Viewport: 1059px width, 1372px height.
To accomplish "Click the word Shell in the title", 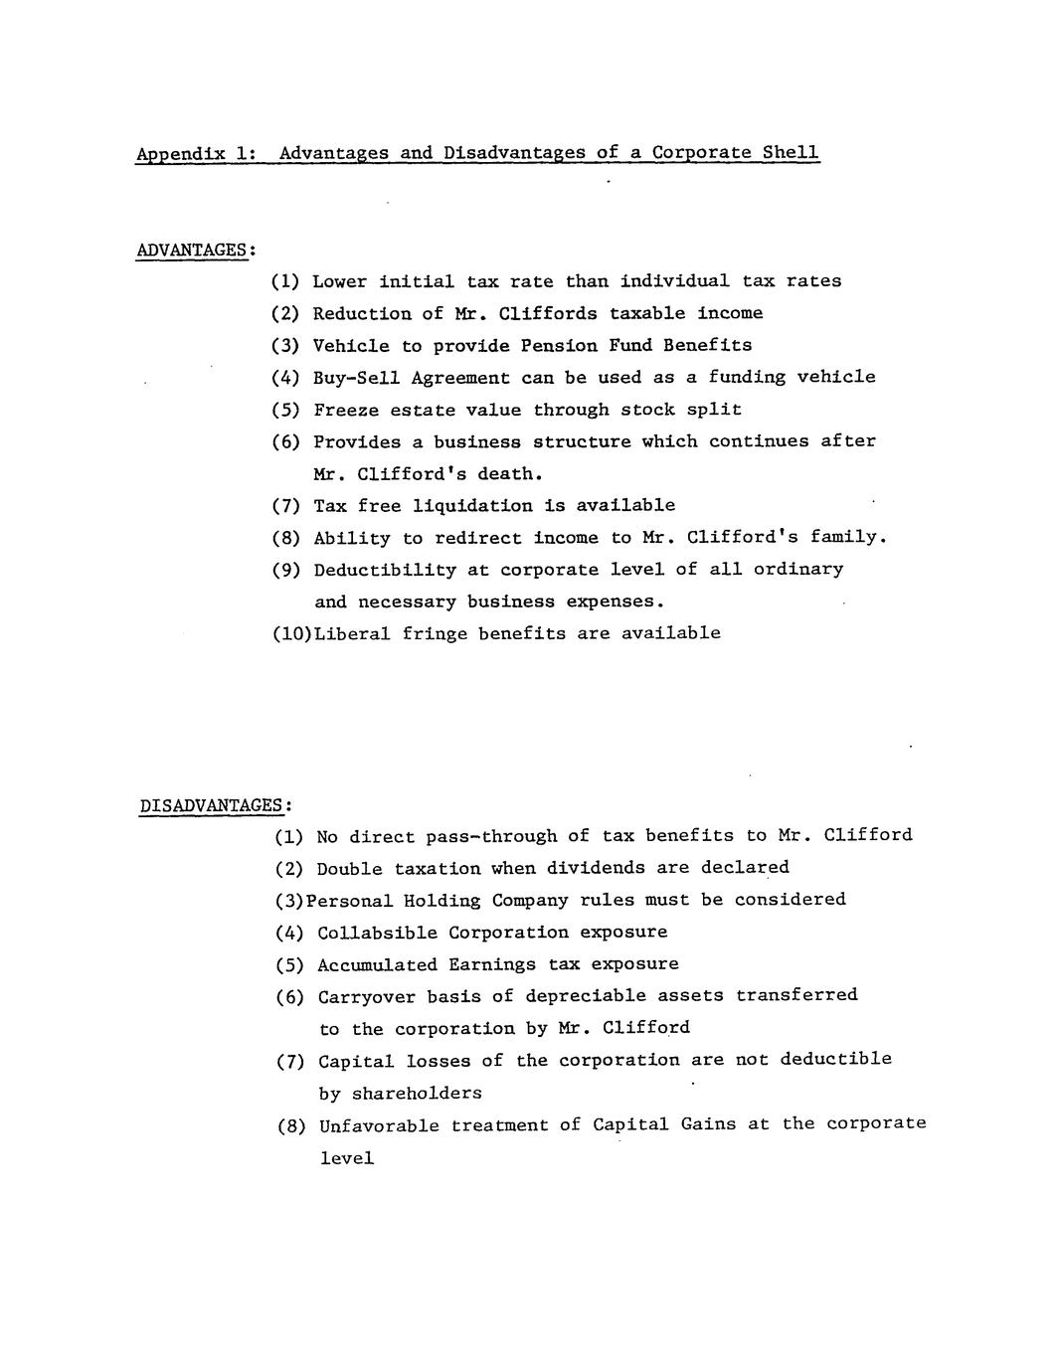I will click(791, 152).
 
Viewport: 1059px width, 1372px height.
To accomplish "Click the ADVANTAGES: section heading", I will click(196, 250).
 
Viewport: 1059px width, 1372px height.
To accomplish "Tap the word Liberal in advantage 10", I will click(352, 633).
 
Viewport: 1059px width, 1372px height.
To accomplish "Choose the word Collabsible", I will click(377, 933).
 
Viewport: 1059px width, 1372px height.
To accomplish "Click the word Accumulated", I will click(377, 964).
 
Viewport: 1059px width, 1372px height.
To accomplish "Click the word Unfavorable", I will click(379, 1125).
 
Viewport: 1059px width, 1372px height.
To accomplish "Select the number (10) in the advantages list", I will click(292, 633).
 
